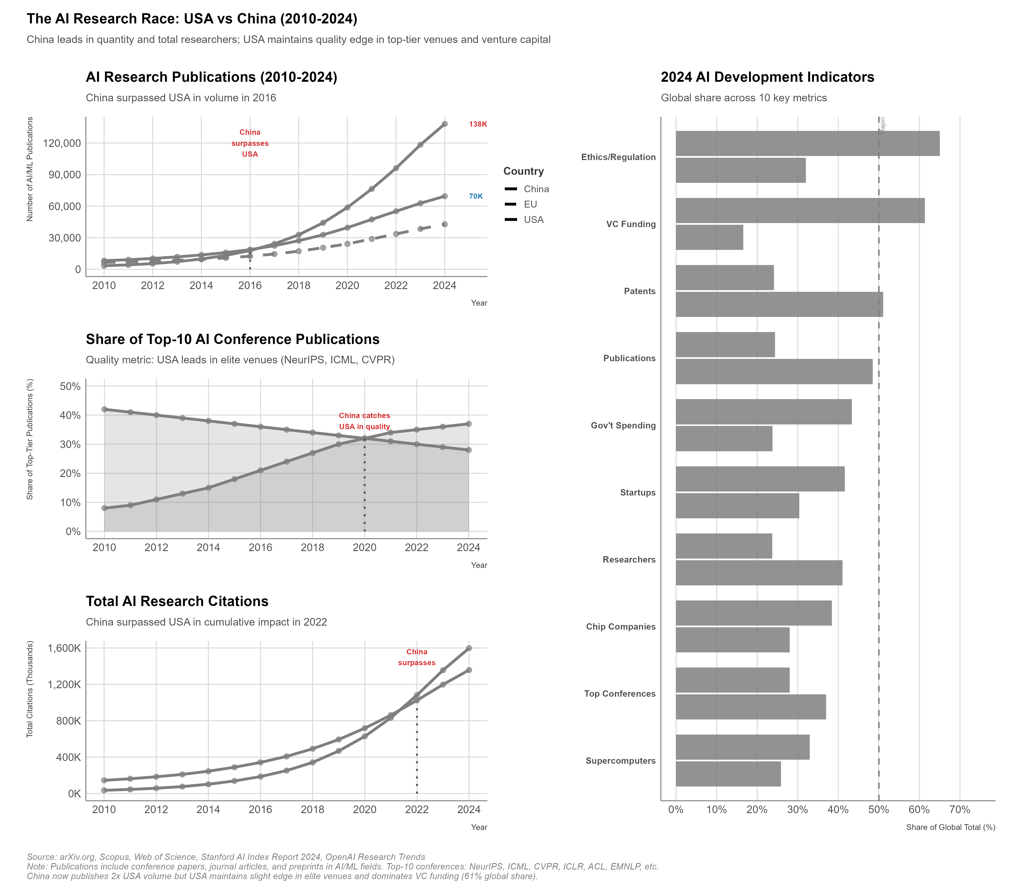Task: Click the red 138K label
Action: coord(478,124)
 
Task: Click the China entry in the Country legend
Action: coord(536,189)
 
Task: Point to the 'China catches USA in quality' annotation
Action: coord(364,421)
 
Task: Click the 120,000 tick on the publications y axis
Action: coord(62,143)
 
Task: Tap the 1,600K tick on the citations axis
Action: coord(64,649)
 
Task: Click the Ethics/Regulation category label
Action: coord(618,157)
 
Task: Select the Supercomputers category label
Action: coord(620,761)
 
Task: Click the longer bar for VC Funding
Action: coord(800,211)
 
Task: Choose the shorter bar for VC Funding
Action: coord(709,238)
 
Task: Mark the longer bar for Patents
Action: coord(779,304)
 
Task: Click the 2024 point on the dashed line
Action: coord(445,225)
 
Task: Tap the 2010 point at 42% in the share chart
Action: coord(104,409)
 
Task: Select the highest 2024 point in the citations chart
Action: coord(469,648)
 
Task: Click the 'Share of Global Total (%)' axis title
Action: coord(950,827)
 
